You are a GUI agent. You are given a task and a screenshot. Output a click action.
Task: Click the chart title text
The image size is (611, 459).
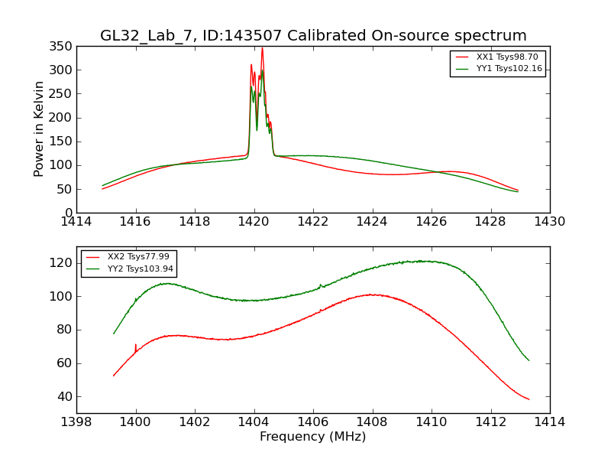point(313,36)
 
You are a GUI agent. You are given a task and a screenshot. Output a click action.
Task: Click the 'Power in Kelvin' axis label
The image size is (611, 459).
point(39,129)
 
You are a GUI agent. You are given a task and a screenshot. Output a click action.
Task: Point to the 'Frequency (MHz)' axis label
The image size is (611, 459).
point(313,437)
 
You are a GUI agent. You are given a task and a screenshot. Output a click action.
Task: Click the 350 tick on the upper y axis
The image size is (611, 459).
point(63,47)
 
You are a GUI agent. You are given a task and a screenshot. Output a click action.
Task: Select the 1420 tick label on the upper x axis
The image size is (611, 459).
point(254,222)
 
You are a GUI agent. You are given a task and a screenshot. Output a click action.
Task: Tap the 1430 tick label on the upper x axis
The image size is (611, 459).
point(550,222)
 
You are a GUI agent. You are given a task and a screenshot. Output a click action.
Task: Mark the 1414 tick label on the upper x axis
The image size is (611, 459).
point(76,222)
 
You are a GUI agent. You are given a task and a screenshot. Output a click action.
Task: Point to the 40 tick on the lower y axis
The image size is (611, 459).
point(66,397)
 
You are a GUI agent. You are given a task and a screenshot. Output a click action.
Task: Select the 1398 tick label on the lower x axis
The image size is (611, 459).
point(76,422)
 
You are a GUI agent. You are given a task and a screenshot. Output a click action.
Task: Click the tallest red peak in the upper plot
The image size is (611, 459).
point(262,49)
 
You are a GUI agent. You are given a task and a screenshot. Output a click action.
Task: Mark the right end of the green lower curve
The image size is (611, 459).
point(529,360)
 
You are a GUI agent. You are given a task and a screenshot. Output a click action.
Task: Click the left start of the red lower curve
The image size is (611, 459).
point(114,376)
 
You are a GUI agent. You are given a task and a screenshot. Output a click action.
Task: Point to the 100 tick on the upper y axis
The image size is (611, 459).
point(63,165)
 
